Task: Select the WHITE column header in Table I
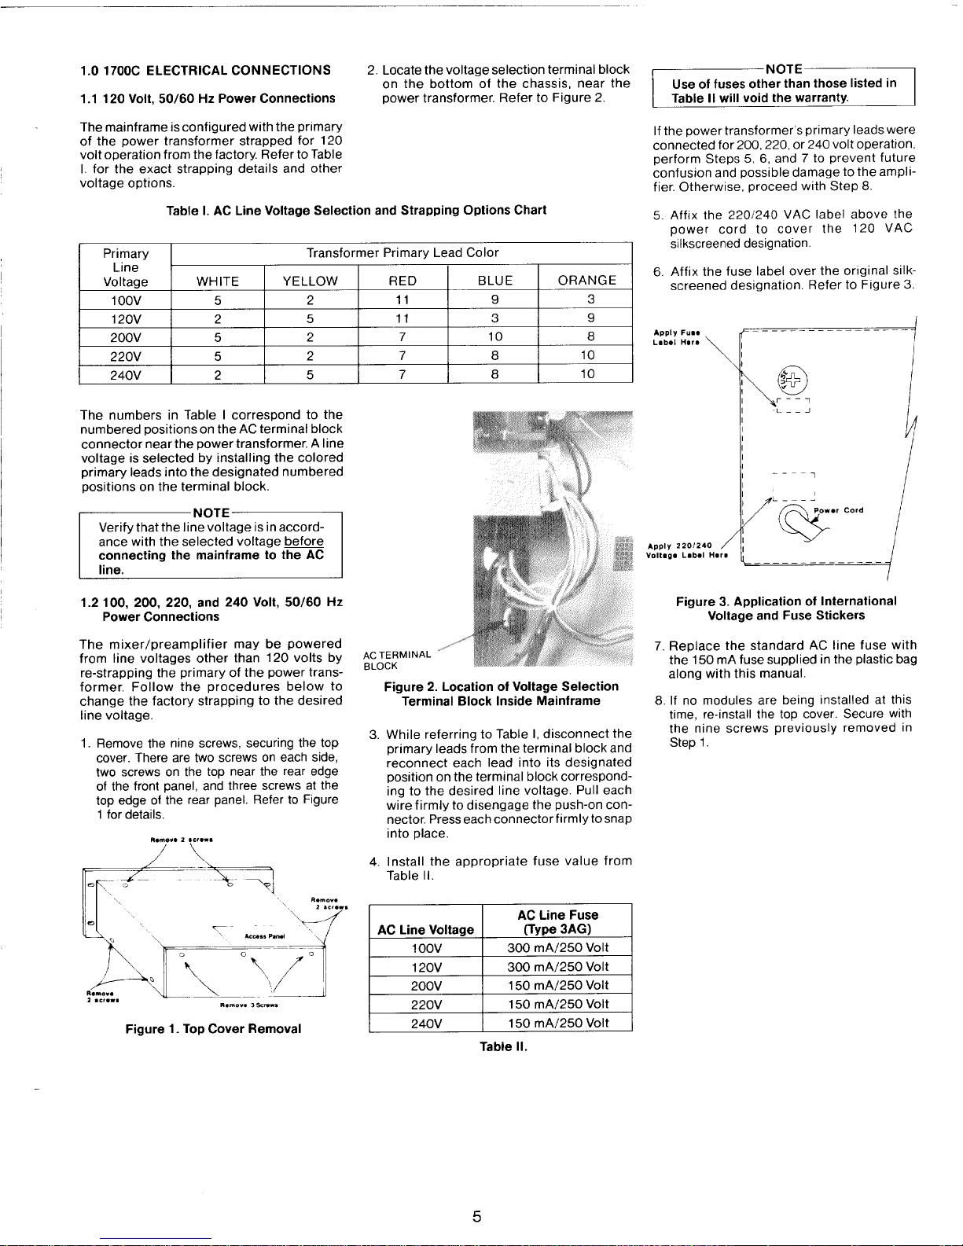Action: tap(218, 281)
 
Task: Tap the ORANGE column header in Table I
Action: tap(586, 281)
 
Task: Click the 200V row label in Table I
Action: tap(126, 337)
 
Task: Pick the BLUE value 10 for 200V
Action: tap(494, 337)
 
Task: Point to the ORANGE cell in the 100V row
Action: tap(590, 300)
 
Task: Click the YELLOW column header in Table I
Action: tap(311, 281)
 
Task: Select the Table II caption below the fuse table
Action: tap(503, 1047)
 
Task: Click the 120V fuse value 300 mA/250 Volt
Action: tap(558, 967)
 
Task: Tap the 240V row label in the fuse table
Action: tap(425, 1023)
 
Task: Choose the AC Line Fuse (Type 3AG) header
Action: tap(557, 922)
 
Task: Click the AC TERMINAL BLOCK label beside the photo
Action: tap(397, 660)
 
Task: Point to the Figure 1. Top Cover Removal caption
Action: tap(213, 1029)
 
